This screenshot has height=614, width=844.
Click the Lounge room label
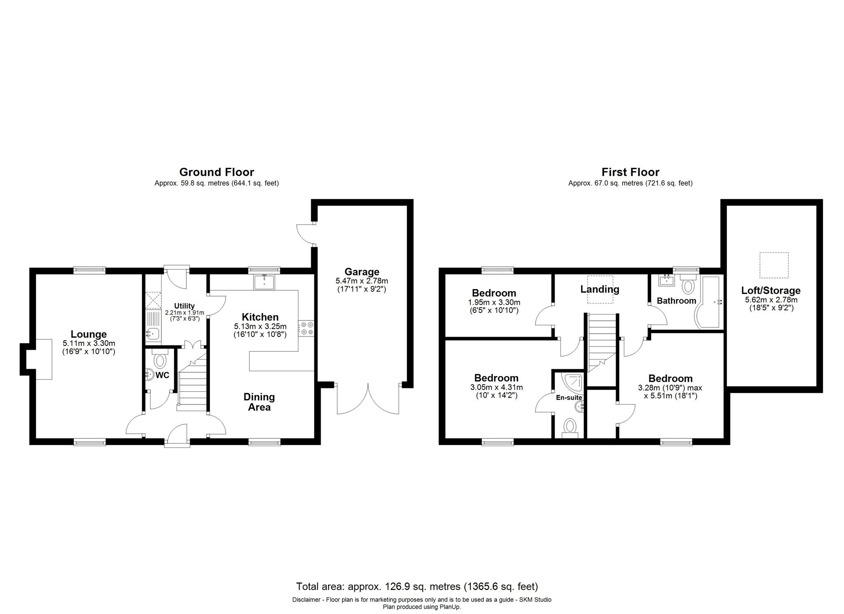coord(89,334)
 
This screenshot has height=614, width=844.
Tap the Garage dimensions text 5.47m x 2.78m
coord(361,281)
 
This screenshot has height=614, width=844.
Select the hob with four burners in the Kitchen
coord(306,328)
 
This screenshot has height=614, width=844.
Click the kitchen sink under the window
coord(264,282)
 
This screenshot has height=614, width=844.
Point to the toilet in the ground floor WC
coord(159,360)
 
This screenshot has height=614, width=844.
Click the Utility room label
coord(184,306)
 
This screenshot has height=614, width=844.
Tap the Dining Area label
coord(259,402)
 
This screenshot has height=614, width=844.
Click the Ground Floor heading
coord(216,172)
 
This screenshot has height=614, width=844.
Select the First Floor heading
coord(630,172)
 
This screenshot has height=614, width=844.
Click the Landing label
coord(600,289)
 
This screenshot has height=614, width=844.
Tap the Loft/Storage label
coord(771,290)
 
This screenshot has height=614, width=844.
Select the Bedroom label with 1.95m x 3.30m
coord(494,293)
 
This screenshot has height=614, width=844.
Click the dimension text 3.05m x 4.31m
coord(496,387)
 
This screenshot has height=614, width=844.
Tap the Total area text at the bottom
coord(417,586)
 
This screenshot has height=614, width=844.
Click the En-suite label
coord(569,398)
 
